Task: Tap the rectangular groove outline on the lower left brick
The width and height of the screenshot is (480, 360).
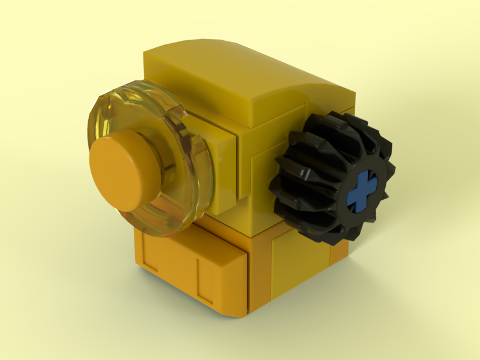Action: [174, 270]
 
